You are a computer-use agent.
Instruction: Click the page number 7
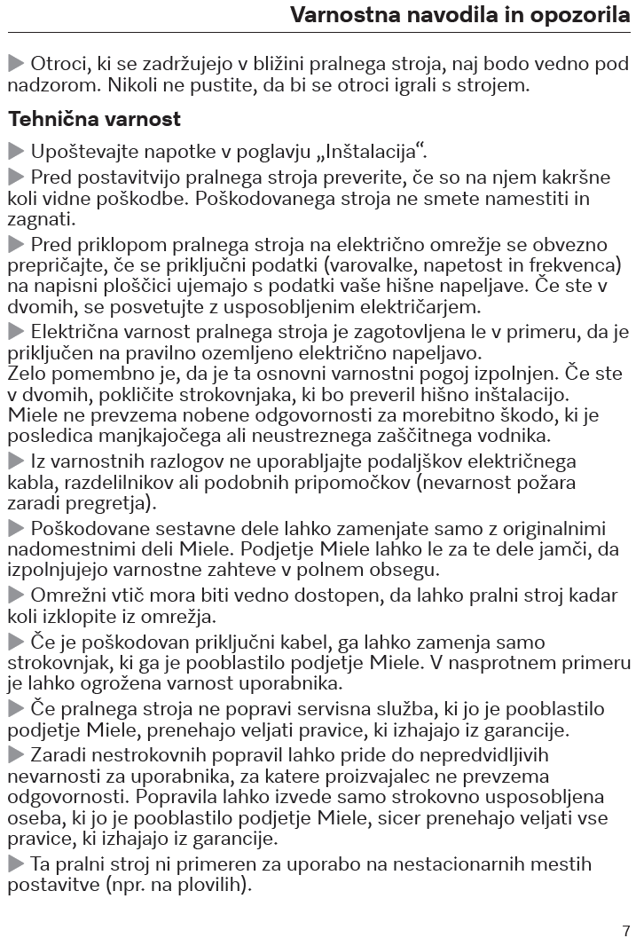[625, 931]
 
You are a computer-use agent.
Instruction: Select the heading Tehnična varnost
[94, 119]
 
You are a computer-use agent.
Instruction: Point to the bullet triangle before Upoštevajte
[16, 150]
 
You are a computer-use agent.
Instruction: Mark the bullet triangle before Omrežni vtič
[16, 595]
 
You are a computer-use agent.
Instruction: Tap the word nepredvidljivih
[474, 755]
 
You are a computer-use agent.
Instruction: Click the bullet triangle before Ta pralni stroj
[16, 863]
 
